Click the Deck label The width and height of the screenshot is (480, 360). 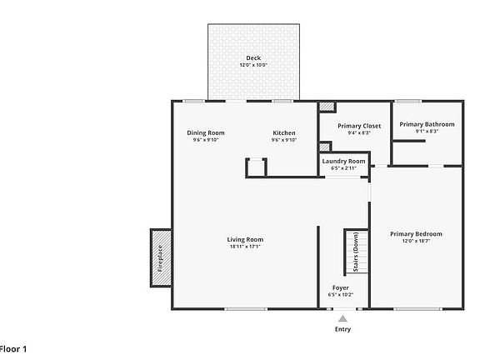tap(253, 58)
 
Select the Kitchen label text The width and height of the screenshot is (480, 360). tap(284, 133)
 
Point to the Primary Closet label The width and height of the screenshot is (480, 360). tap(359, 126)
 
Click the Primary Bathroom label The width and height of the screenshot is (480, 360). tap(427, 124)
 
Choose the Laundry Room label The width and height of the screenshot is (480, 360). tap(343, 161)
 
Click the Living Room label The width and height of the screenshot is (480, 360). tap(246, 240)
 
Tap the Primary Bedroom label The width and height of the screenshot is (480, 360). tap(416, 234)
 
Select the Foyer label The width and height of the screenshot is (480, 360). tap(341, 287)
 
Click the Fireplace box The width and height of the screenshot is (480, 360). tap(160, 257)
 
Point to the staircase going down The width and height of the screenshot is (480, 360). tap(357, 252)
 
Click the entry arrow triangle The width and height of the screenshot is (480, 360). tap(342, 318)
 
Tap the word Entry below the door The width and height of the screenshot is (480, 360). tap(342, 329)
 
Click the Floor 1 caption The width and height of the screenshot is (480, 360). tap(12, 348)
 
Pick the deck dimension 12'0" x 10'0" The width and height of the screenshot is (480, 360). tap(253, 65)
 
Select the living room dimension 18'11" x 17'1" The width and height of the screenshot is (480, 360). tap(246, 247)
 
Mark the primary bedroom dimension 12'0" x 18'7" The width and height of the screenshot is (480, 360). tap(416, 242)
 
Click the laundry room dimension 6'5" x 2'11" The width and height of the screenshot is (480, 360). tap(343, 168)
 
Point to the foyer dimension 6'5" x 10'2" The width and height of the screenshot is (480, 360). tap(341, 294)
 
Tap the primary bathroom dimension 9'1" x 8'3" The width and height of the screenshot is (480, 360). tap(427, 131)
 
